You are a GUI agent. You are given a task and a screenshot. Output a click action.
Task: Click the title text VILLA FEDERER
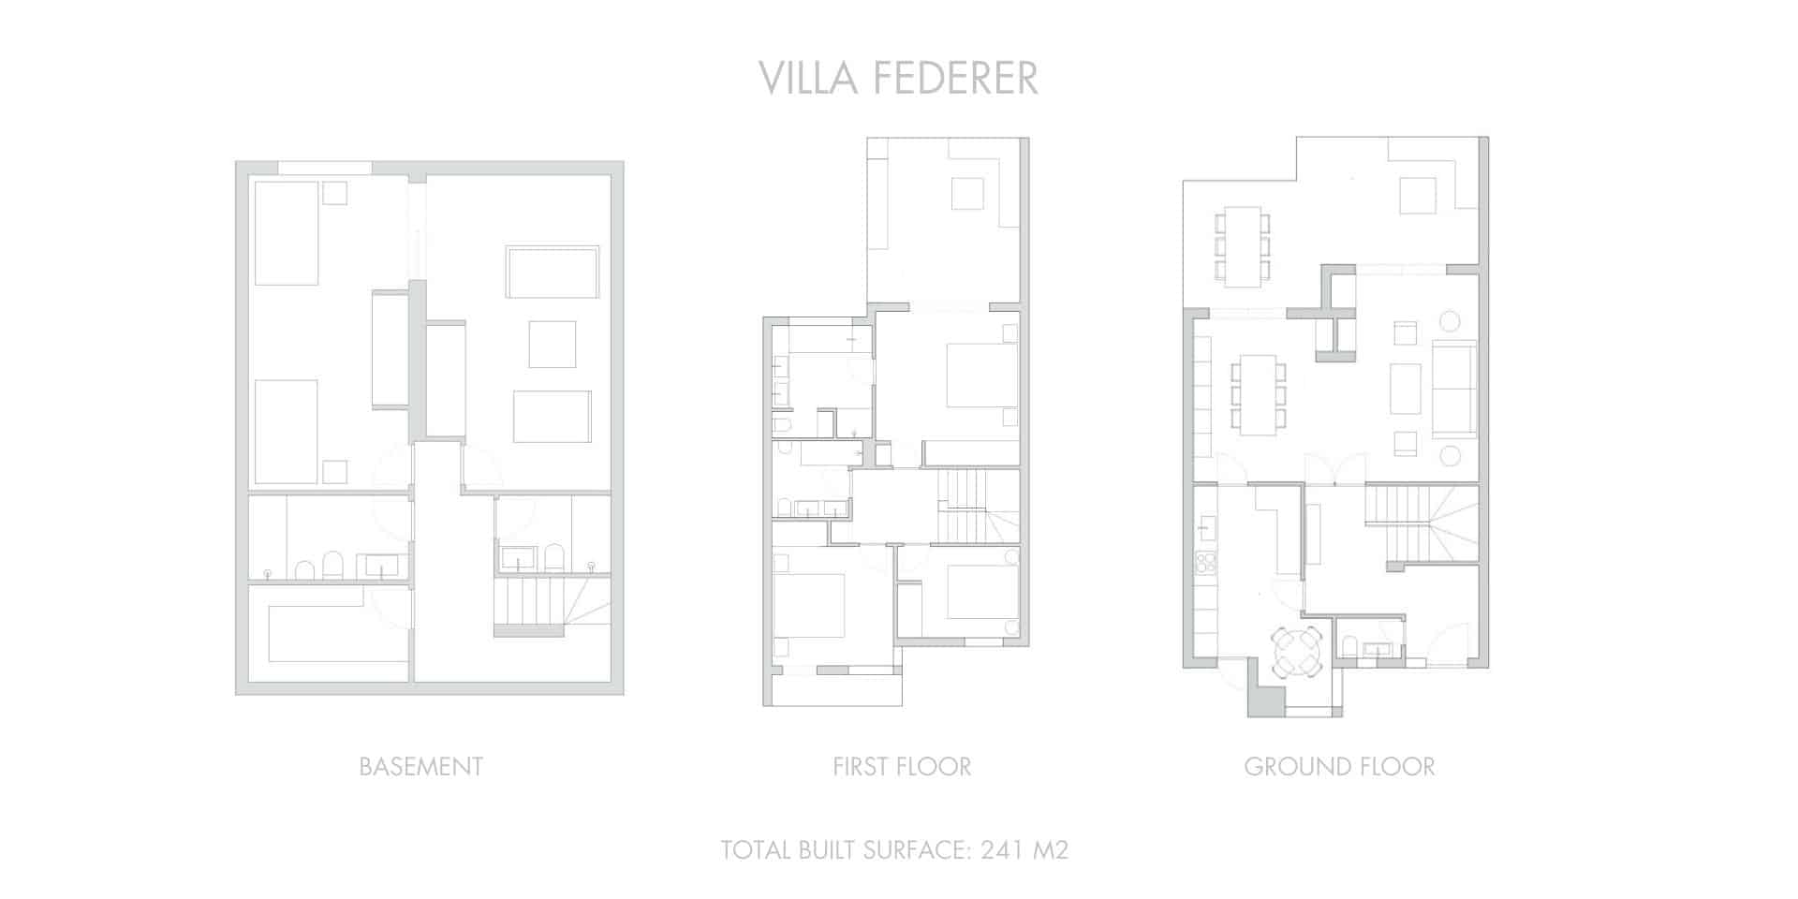click(x=898, y=79)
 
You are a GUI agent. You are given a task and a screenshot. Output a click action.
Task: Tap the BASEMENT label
click(x=420, y=766)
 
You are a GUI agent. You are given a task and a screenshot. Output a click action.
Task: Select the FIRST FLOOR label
click(x=902, y=766)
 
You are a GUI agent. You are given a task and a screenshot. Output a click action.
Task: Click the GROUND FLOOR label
click(x=1339, y=766)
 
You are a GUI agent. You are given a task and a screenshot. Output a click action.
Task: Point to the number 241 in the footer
click(x=1002, y=850)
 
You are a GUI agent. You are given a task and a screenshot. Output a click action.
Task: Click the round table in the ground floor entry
click(x=1297, y=651)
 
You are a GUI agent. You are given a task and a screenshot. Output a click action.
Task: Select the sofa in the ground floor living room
click(x=1454, y=389)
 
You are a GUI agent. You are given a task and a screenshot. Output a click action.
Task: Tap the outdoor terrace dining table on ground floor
click(x=1243, y=245)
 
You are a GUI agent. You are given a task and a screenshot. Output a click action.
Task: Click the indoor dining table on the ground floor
click(x=1258, y=394)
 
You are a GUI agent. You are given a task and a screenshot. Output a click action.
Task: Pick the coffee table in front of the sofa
click(x=1406, y=389)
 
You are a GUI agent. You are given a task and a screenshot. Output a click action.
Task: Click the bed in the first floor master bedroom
click(x=980, y=375)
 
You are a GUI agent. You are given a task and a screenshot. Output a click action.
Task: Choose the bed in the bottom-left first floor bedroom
click(x=809, y=605)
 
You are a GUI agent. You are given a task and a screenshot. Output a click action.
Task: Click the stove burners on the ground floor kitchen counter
click(x=1206, y=563)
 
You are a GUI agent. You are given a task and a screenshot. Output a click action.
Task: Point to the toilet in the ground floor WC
click(x=1349, y=647)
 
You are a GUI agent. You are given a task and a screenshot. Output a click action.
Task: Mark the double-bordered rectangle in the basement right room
click(x=553, y=272)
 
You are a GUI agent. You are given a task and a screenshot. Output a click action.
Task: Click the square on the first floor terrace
click(x=967, y=194)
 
